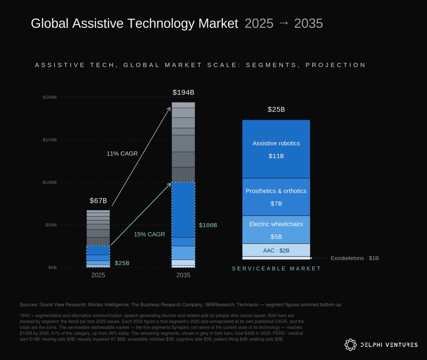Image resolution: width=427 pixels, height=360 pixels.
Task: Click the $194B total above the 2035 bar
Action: coord(183,92)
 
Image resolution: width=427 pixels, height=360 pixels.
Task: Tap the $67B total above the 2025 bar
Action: coord(98,201)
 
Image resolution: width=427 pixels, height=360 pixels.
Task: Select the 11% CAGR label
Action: coord(122,154)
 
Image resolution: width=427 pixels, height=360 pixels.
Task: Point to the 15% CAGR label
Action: coord(149,234)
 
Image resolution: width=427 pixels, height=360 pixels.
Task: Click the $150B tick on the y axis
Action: coord(49,140)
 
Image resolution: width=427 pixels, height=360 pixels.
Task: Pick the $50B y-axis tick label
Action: coord(51,225)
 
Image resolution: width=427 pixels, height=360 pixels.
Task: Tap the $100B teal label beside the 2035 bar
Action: coord(208,225)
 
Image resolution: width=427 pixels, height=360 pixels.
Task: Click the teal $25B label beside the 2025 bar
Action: coord(122,263)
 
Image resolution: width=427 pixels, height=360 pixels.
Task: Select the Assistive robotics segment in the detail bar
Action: coord(276,149)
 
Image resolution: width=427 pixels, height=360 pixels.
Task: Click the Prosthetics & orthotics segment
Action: coord(276,197)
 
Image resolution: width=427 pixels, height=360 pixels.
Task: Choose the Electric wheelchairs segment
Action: coord(276,230)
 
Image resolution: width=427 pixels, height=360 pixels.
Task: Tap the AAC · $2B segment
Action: coord(276,250)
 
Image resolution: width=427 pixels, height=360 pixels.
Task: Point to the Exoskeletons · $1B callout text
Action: coord(355,258)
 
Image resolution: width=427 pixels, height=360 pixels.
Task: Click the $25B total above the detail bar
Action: coord(276,110)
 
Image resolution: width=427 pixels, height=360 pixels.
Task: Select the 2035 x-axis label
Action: coord(183,275)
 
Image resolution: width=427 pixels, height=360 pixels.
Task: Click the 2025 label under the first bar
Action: coord(98,275)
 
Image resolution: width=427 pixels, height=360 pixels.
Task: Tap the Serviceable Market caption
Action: coord(276,269)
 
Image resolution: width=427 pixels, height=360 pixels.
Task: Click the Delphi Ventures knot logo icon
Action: coord(350,345)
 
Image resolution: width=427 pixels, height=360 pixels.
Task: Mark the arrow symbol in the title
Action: coord(284,23)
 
